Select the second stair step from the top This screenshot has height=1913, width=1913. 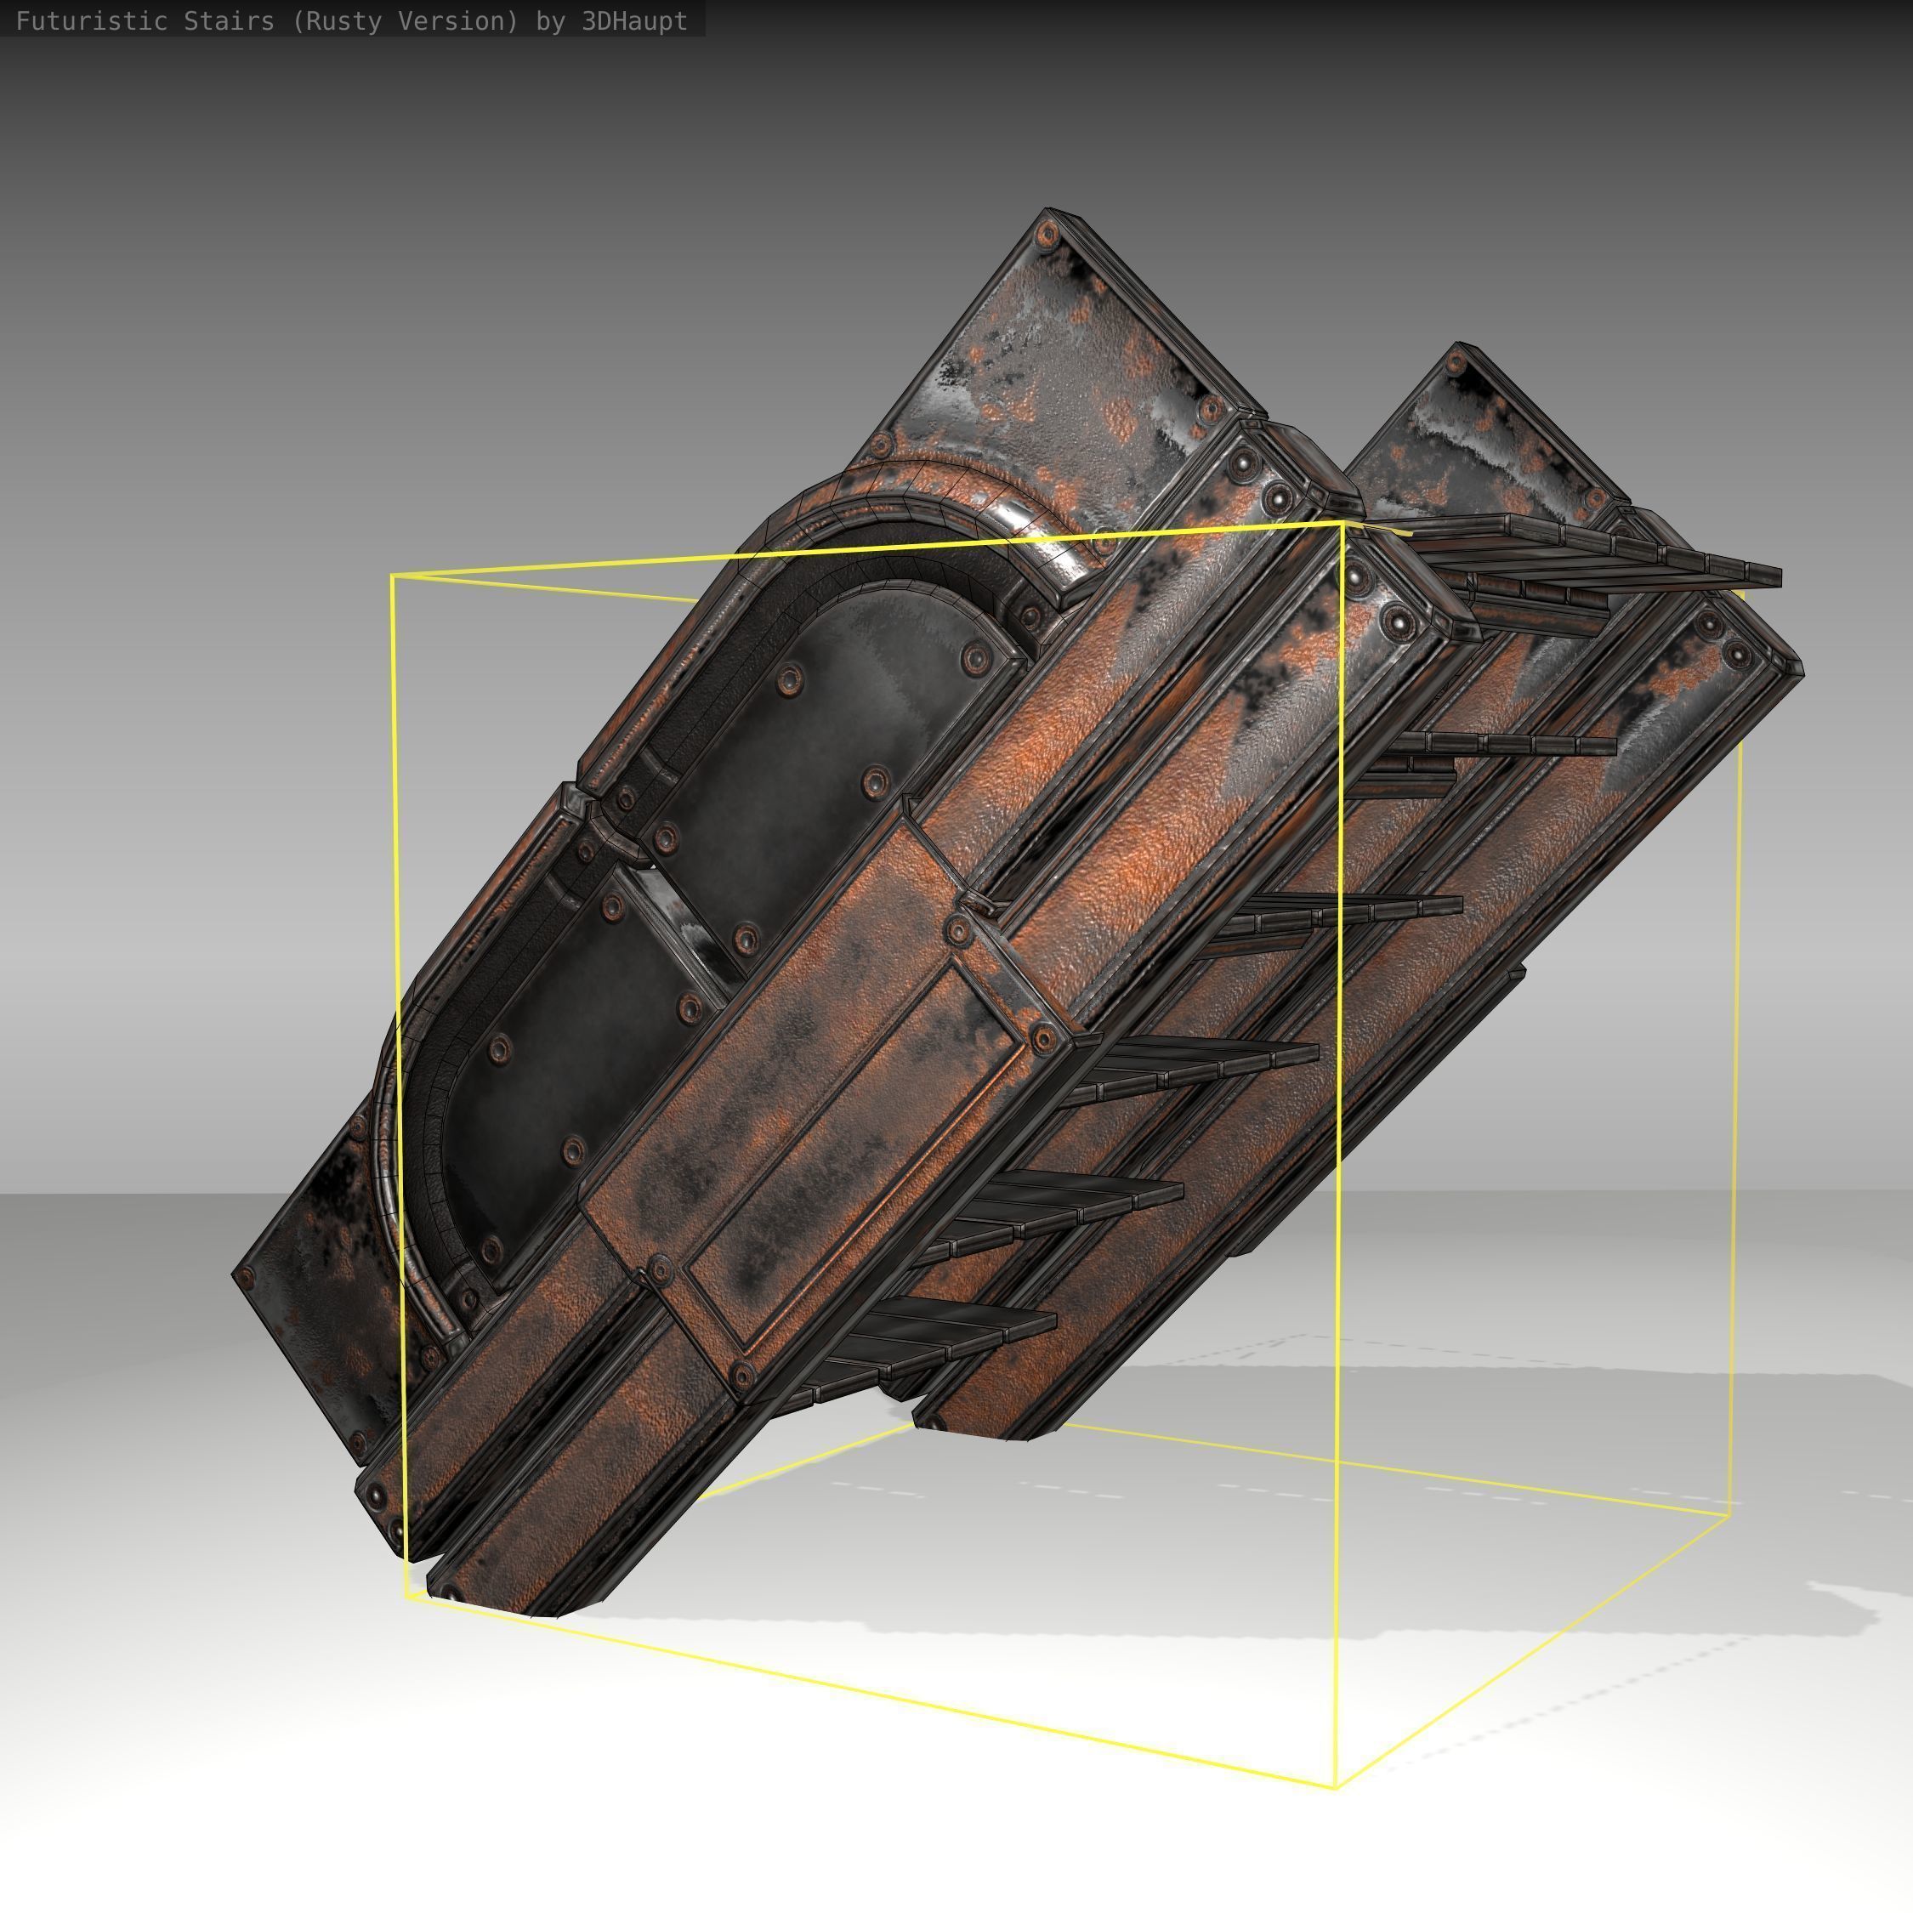(x=1505, y=745)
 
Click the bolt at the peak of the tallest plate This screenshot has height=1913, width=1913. (x=1046, y=236)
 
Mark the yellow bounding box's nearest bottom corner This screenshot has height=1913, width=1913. (x=1337, y=1788)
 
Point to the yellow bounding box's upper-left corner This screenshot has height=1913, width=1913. (x=392, y=576)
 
